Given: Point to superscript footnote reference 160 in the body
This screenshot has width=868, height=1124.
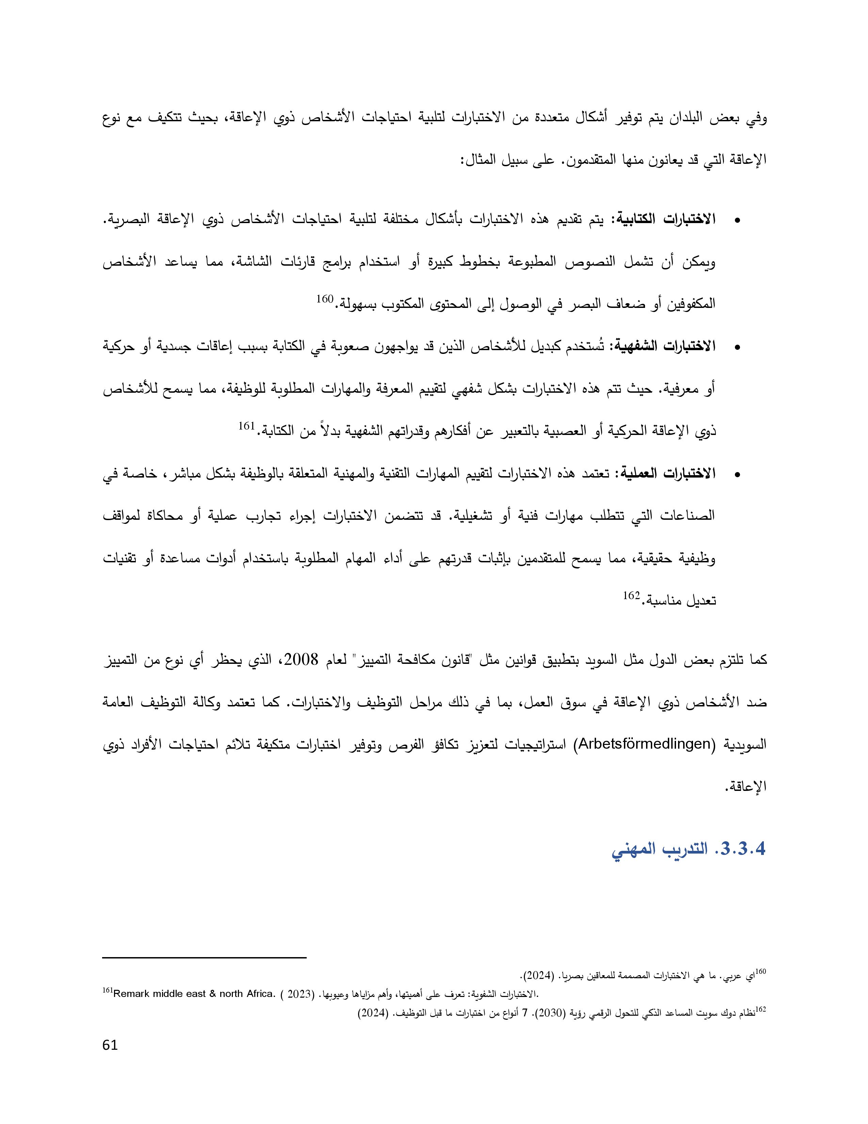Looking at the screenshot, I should coord(325,299).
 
